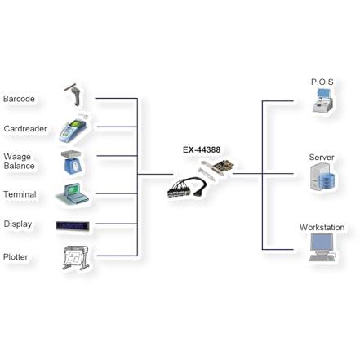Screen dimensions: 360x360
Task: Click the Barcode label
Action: (x=19, y=99)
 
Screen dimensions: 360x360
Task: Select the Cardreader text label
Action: (x=25, y=129)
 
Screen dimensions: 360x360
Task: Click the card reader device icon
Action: (x=73, y=129)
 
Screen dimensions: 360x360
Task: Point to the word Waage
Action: (x=17, y=157)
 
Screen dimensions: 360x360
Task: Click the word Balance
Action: (x=19, y=166)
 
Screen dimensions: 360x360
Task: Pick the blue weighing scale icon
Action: (x=72, y=162)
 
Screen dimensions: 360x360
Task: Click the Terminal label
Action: (x=20, y=194)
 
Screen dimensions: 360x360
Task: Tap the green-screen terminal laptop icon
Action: (x=73, y=193)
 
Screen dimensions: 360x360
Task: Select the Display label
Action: (x=18, y=224)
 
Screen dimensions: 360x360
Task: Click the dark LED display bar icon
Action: (x=73, y=226)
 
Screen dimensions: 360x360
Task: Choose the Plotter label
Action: (x=16, y=257)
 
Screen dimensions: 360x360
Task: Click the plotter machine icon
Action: (x=76, y=258)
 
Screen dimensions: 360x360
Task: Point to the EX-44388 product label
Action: (x=202, y=149)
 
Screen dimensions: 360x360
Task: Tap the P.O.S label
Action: (x=322, y=82)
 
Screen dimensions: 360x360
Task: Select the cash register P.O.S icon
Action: (x=322, y=100)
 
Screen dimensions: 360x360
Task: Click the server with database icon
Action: (x=322, y=176)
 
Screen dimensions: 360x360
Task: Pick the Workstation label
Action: (x=322, y=228)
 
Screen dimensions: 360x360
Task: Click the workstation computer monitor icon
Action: (x=322, y=247)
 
